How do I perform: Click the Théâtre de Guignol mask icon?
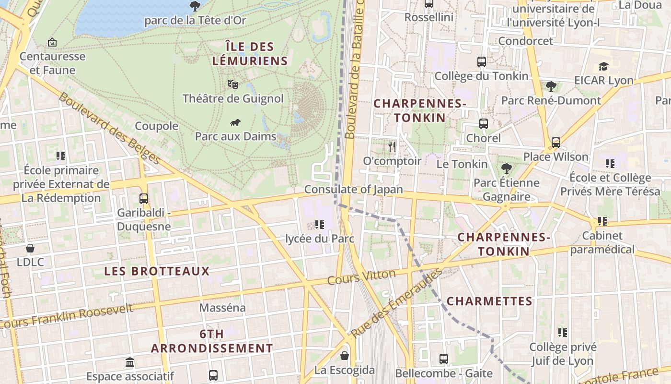click(x=233, y=84)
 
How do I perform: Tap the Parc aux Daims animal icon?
click(x=235, y=123)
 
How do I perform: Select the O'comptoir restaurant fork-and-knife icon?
click(x=392, y=147)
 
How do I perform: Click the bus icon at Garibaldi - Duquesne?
click(x=143, y=198)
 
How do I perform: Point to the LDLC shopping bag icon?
click(x=30, y=248)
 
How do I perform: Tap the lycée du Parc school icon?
click(x=320, y=224)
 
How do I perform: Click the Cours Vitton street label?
click(x=361, y=277)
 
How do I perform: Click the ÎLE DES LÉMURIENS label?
click(x=250, y=54)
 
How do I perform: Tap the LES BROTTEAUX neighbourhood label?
click(x=157, y=271)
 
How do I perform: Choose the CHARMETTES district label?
click(x=489, y=301)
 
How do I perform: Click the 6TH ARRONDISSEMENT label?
click(x=212, y=341)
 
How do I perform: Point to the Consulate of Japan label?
click(x=354, y=190)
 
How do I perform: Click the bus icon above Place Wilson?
click(x=555, y=142)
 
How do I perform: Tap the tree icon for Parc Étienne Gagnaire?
click(x=506, y=168)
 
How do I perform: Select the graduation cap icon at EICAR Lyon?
click(x=603, y=66)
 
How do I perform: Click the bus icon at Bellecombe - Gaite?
click(x=444, y=359)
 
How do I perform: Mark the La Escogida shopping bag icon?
click(x=344, y=356)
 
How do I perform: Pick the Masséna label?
click(x=222, y=308)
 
